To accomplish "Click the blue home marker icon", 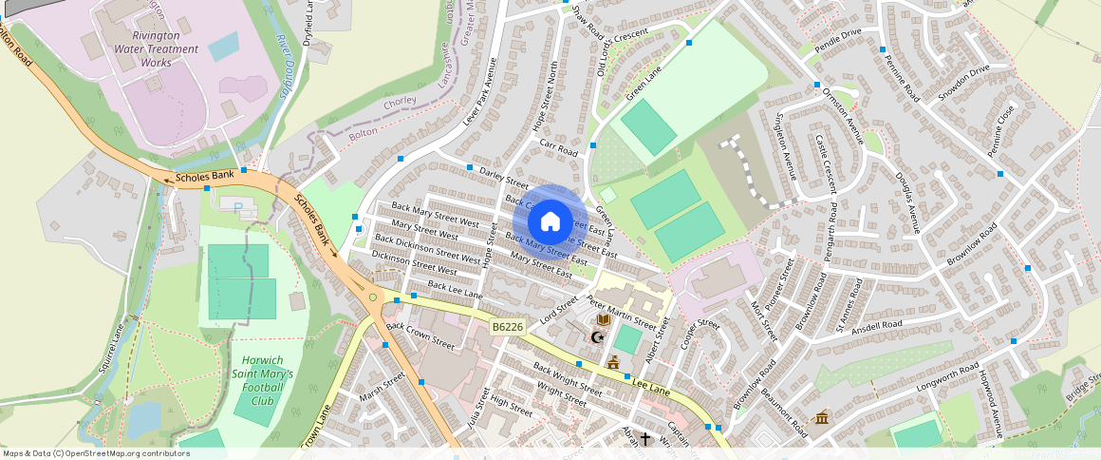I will click(550, 223).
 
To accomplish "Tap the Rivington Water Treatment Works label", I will click(157, 48).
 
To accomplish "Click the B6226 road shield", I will click(508, 327).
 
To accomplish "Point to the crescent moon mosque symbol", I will click(598, 337).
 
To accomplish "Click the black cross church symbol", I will click(645, 439).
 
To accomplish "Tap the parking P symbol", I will click(237, 204).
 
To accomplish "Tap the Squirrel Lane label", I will click(113, 348).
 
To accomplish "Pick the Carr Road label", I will click(558, 148).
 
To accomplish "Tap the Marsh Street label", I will click(383, 387).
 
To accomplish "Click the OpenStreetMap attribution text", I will click(95, 453).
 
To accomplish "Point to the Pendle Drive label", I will click(839, 39).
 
